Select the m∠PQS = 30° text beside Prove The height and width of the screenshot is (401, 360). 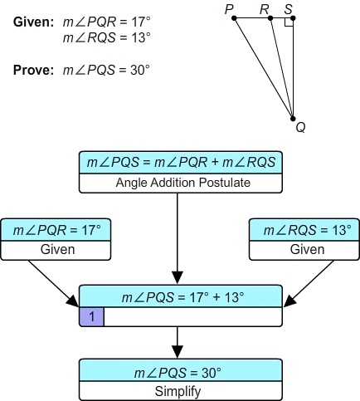tap(106, 71)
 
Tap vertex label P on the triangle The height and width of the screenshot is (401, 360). tap(229, 9)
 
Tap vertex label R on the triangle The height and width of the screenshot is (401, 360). tap(264, 9)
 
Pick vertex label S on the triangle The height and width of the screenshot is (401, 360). tap(288, 9)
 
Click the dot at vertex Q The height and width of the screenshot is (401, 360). tap(293, 117)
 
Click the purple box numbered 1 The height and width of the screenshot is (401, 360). tap(91, 315)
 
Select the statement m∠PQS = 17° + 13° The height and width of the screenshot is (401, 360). tap(181, 297)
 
